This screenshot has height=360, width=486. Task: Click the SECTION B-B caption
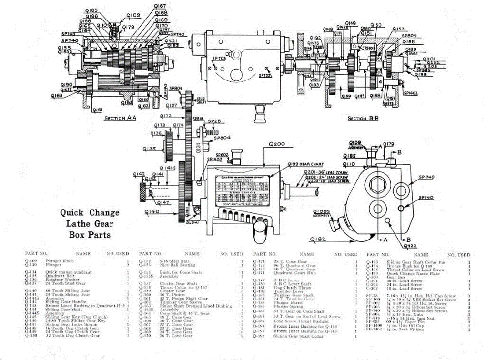pyautogui.click(x=364, y=118)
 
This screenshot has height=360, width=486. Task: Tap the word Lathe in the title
pyautogui.click(x=90, y=224)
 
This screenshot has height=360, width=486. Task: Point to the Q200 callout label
pyautogui.click(x=276, y=144)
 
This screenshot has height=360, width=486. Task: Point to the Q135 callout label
pyautogui.click(x=149, y=148)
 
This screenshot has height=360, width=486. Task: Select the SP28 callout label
pyautogui.click(x=214, y=121)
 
